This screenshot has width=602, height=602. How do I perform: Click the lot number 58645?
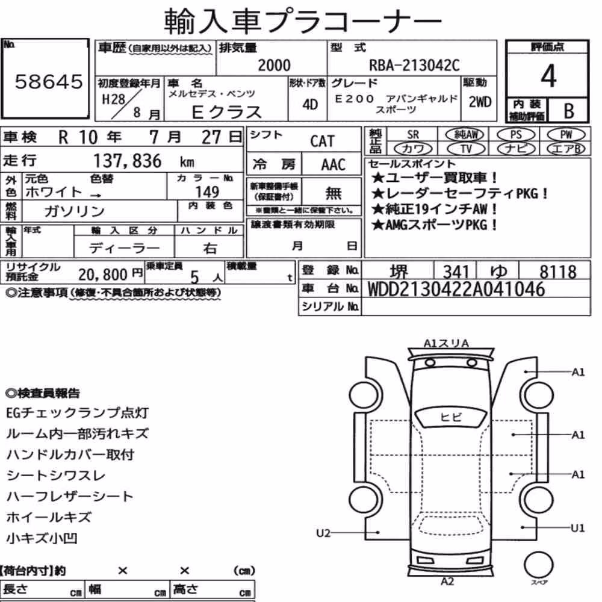pos(49,81)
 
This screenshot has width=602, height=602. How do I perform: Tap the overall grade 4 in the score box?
pos(548,76)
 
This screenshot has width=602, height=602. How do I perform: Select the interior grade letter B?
pos(569,111)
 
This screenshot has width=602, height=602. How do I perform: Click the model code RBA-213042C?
pos(414,65)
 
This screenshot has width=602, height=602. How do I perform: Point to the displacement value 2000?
pos(274,65)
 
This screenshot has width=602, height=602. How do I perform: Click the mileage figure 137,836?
pos(128,161)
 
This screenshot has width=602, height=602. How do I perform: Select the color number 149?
pos(207,191)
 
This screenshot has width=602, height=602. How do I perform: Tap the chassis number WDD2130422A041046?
pos(456,289)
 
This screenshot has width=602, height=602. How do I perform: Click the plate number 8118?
pos(558,272)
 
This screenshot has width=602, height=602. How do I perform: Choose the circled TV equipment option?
pos(466,149)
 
